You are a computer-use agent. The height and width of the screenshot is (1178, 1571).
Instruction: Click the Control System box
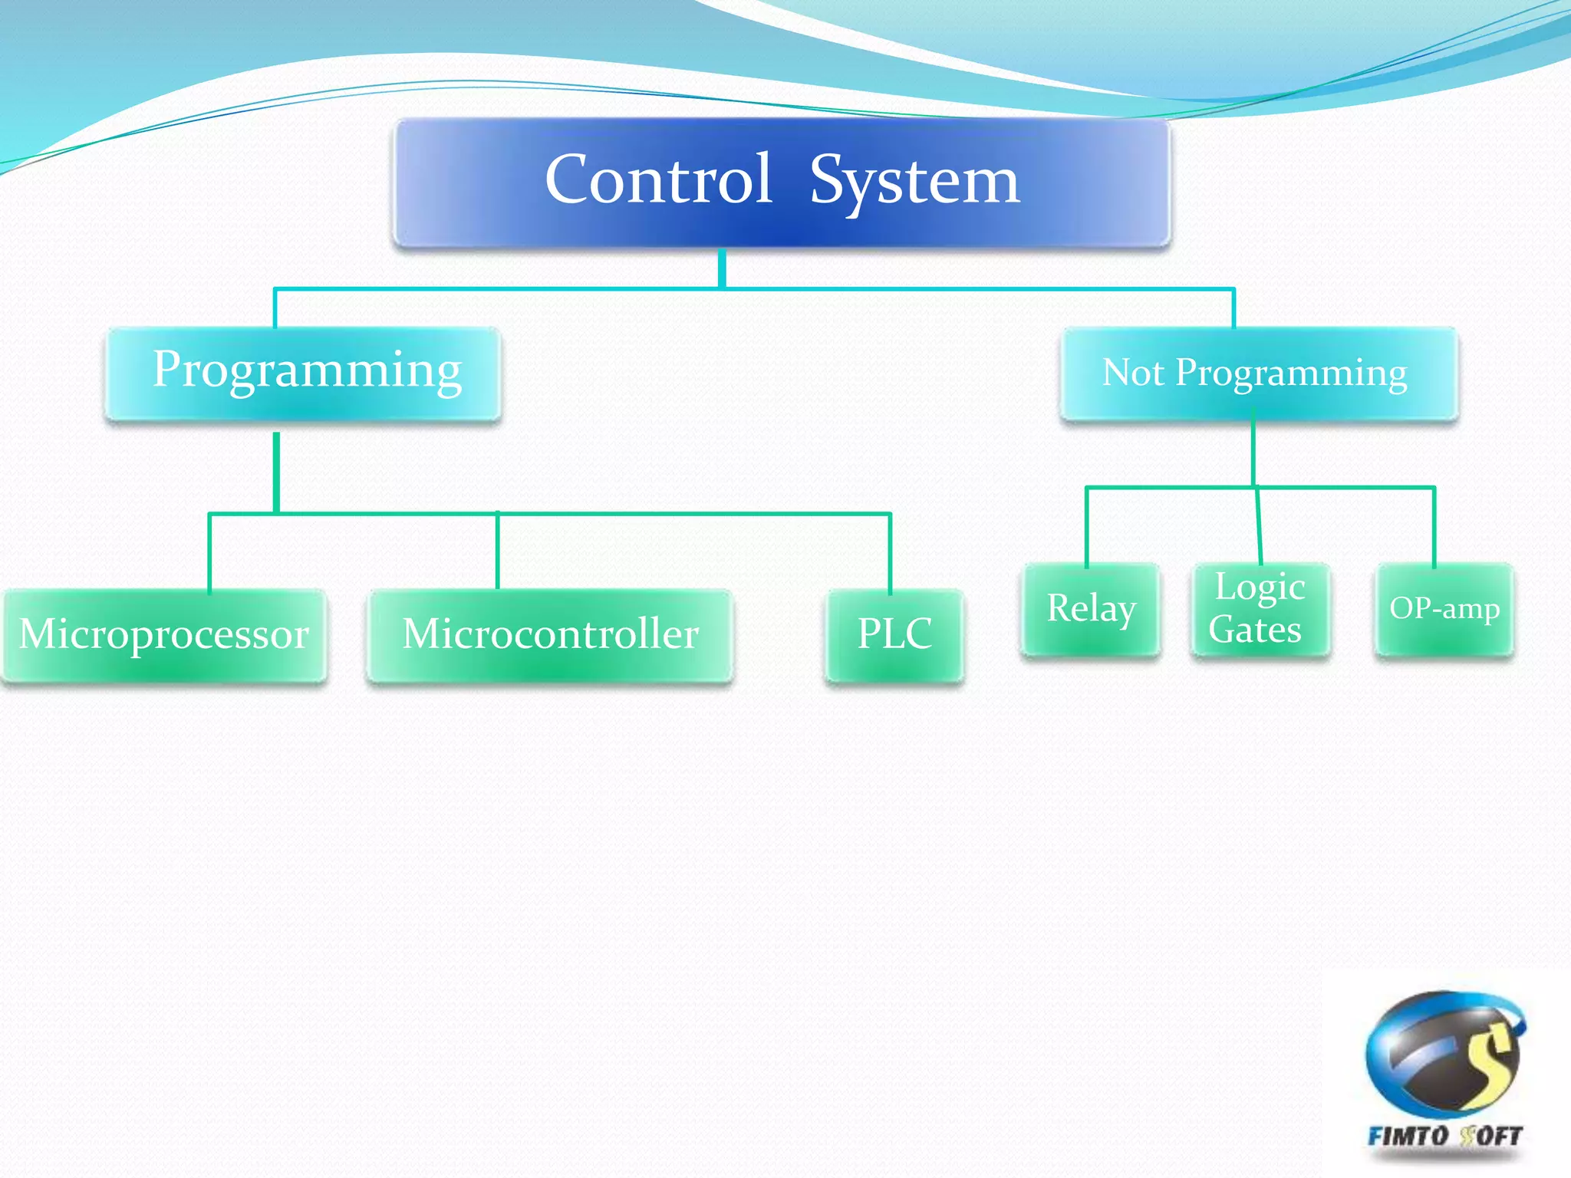(781, 183)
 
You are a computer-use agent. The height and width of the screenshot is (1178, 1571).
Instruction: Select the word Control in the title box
(658, 179)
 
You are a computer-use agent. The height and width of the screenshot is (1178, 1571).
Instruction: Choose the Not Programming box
(1258, 373)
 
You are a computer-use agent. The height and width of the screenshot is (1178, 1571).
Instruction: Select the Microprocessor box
(164, 635)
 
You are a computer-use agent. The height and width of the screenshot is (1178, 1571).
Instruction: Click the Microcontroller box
(550, 635)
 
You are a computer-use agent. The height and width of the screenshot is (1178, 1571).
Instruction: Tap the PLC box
(894, 635)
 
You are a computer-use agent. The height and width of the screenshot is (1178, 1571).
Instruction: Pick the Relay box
(1090, 609)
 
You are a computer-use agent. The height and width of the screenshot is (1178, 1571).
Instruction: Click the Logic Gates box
(1259, 609)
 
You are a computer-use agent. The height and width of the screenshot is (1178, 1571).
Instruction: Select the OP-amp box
(1444, 609)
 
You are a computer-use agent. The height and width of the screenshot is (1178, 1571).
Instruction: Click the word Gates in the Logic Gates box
(1255, 630)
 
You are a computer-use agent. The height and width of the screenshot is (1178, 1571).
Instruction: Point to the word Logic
(1260, 587)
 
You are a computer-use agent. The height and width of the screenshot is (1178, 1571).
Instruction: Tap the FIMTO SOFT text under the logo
(1445, 1136)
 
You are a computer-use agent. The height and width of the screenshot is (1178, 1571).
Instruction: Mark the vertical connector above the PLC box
(890, 552)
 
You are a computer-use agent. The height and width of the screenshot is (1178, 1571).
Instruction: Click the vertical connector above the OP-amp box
(1434, 526)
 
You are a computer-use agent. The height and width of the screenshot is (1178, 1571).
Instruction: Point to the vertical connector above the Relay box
(1086, 526)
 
